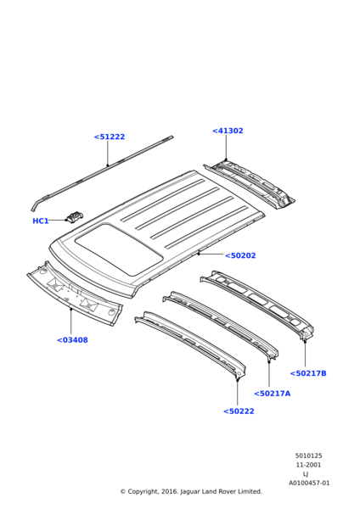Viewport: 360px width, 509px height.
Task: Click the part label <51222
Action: pyautogui.click(x=110, y=137)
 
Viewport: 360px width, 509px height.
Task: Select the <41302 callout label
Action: pyautogui.click(x=228, y=131)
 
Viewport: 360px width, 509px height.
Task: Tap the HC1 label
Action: pyautogui.click(x=41, y=221)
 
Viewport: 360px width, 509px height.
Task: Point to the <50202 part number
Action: pyautogui.click(x=240, y=255)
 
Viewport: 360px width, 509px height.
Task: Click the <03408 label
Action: pyautogui.click(x=72, y=340)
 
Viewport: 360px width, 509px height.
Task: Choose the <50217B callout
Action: pyautogui.click(x=308, y=373)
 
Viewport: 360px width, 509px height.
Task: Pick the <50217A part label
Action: pyautogui.click(x=273, y=394)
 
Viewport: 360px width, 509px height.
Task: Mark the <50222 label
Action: pyautogui.click(x=239, y=411)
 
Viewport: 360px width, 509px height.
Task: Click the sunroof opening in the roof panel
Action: pyautogui.click(x=119, y=249)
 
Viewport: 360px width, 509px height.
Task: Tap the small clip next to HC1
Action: pyautogui.click(x=75, y=216)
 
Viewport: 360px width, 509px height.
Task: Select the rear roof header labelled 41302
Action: pyautogui.click(x=250, y=184)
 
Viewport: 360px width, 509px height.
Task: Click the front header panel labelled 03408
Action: pyautogui.click(x=75, y=294)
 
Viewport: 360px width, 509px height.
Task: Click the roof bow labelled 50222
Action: pyautogui.click(x=190, y=344)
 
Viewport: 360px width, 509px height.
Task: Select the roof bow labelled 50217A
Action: pyautogui.click(x=221, y=325)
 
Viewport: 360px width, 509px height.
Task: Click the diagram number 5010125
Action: pyautogui.click(x=309, y=456)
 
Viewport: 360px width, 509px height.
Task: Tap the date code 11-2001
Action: pyautogui.click(x=308, y=465)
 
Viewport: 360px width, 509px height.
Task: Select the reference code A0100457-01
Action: pyautogui.click(x=309, y=483)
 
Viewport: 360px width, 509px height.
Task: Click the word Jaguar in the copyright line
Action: pyautogui.click(x=190, y=492)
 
